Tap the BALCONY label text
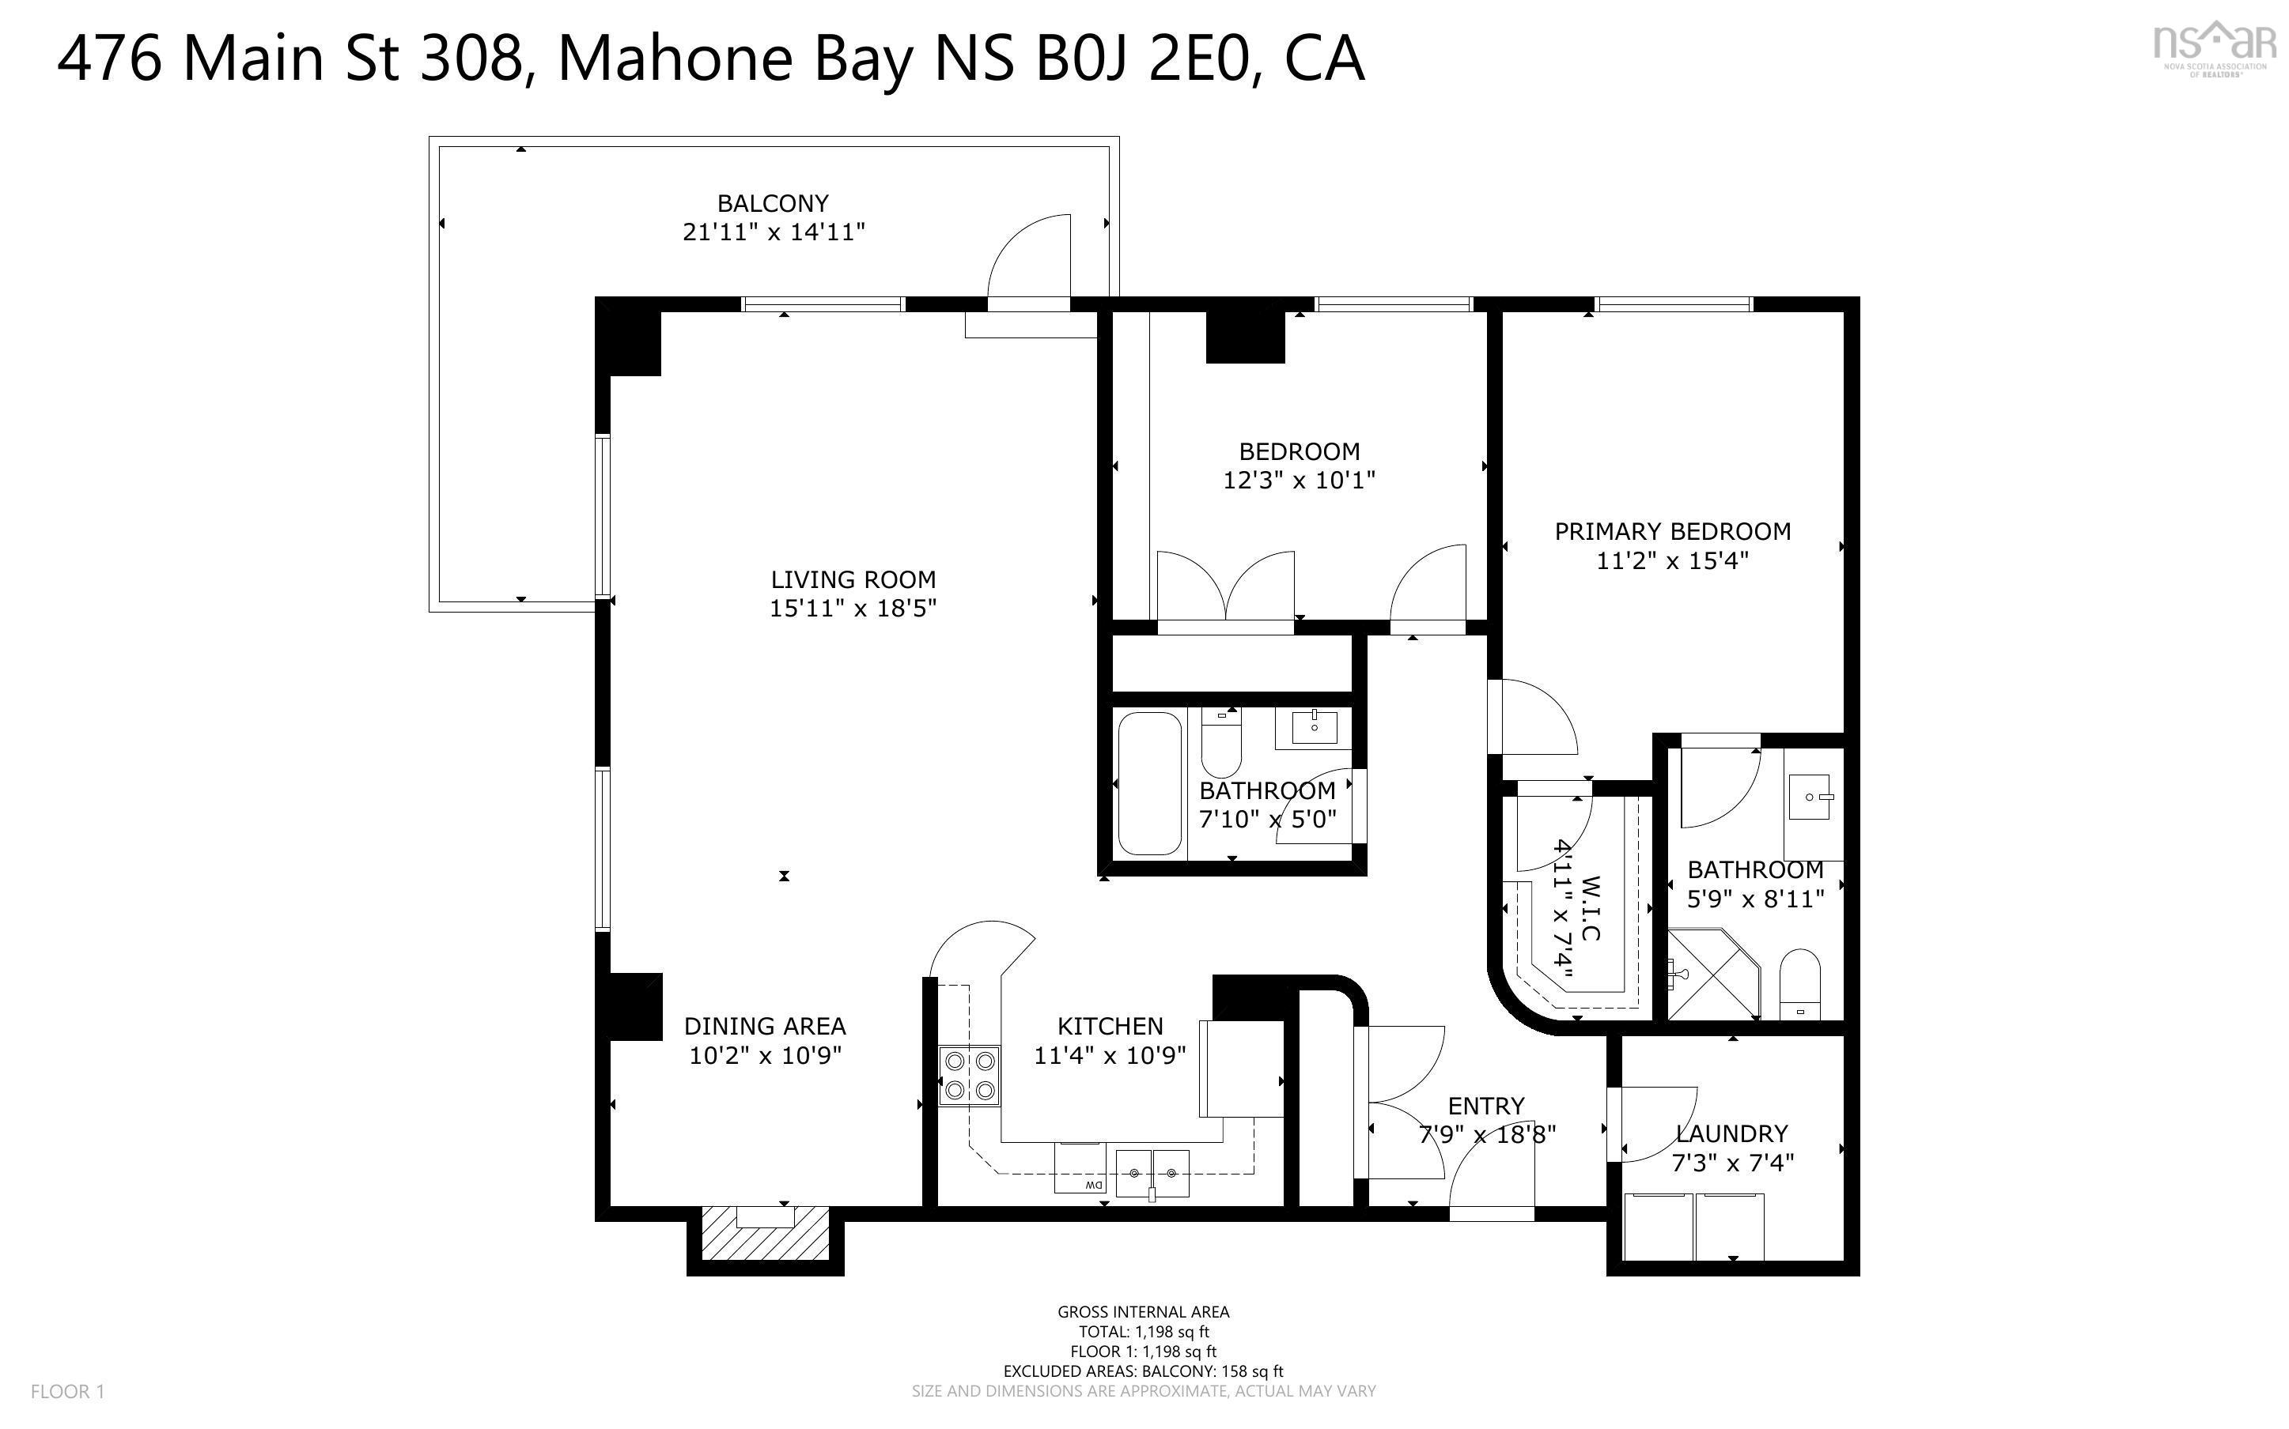point(773,203)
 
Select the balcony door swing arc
point(1029,257)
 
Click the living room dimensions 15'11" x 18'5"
point(853,608)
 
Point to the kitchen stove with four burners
point(969,1076)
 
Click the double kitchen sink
point(1152,1173)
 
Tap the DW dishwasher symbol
point(1080,1182)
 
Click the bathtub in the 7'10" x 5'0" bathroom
point(1148,783)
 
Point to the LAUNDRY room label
point(1732,1133)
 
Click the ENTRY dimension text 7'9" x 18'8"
point(1487,1134)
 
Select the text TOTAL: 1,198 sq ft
point(1143,1332)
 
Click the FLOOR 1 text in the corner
point(67,1391)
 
